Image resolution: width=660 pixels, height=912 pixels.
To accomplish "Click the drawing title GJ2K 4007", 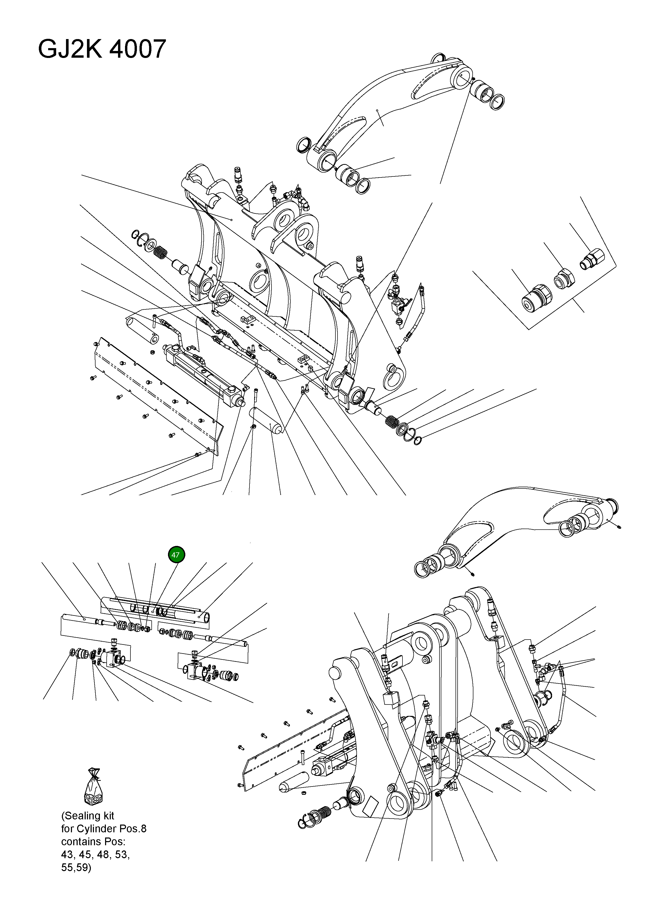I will pos(102,49).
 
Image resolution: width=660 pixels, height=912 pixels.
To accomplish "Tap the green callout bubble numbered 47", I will pos(176,554).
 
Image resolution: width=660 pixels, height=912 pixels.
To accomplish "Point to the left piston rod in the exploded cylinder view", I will pos(80,619).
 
